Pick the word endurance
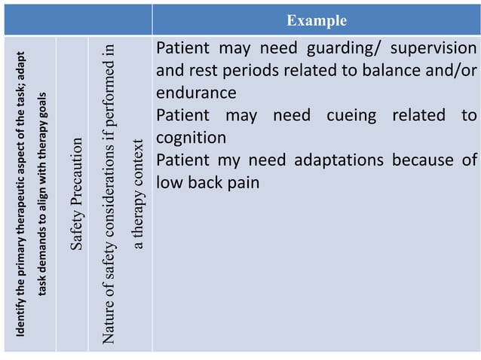tap(196, 93)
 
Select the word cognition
tap(191, 138)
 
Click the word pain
tap(240, 183)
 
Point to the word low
tap(170, 183)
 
